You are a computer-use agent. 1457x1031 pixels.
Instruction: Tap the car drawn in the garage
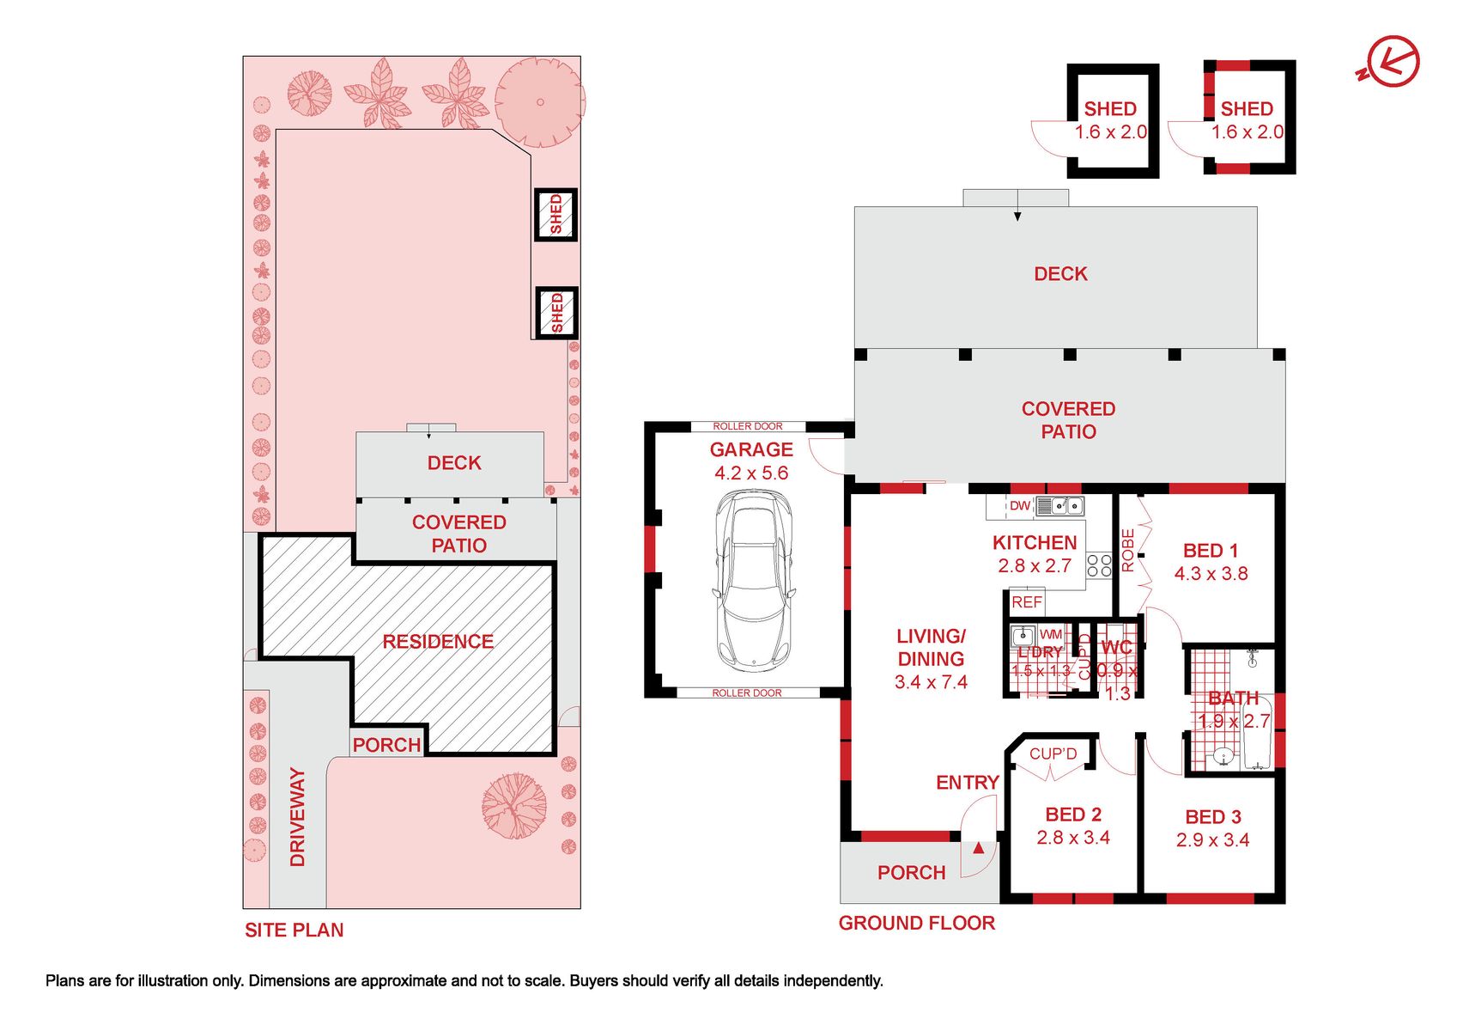click(x=754, y=579)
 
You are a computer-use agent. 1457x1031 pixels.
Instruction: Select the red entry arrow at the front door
click(x=978, y=847)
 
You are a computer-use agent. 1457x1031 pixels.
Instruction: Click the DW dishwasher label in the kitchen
click(x=1020, y=505)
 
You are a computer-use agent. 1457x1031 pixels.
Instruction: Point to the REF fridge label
click(x=1026, y=602)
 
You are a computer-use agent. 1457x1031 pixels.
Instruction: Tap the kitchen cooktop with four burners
click(x=1099, y=564)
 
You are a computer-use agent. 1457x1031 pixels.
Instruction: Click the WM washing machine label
click(x=1051, y=634)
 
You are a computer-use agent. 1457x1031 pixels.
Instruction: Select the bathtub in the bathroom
click(x=1257, y=732)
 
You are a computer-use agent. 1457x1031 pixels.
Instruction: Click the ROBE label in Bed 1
click(x=1128, y=551)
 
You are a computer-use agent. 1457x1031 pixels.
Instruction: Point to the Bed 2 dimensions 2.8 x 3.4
click(x=1073, y=837)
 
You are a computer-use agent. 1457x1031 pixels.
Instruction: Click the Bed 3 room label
click(x=1213, y=816)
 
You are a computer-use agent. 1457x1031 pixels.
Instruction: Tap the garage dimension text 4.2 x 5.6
click(x=751, y=473)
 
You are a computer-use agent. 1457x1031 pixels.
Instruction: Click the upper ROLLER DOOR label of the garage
click(x=748, y=426)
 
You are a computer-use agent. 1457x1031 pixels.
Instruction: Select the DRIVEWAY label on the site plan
click(x=297, y=817)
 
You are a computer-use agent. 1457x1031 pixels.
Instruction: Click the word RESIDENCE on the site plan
click(x=438, y=642)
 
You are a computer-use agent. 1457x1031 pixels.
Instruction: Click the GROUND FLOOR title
click(x=916, y=923)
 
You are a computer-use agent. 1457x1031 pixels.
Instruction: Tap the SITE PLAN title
click(x=294, y=930)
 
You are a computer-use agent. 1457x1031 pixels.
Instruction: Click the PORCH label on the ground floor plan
click(x=911, y=872)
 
